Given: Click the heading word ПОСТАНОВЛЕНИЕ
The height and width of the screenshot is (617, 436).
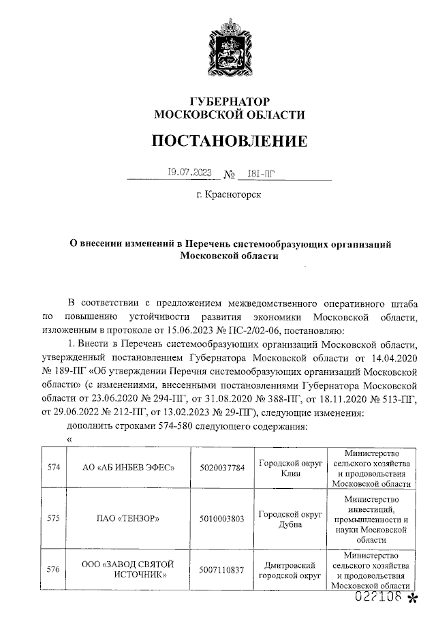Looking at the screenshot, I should [x=229, y=141].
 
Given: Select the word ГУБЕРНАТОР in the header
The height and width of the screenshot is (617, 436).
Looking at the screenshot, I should [x=229, y=101].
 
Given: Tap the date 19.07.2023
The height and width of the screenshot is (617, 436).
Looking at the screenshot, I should [x=190, y=172].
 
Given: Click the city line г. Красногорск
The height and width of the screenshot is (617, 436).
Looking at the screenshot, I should [x=229, y=196].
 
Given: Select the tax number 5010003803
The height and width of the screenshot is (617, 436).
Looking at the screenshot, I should [x=222, y=517].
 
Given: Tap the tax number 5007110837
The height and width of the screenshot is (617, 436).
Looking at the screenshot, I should [x=222, y=570].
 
